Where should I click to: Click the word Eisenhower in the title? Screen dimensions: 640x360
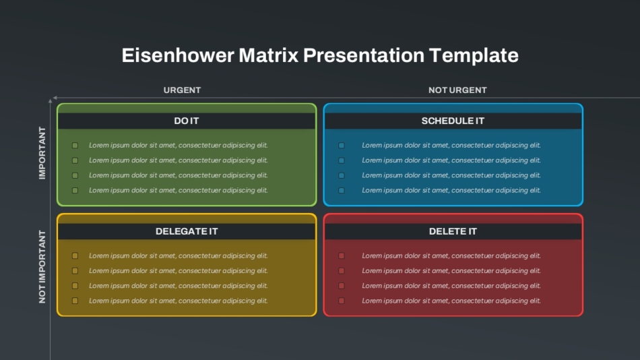click(x=178, y=55)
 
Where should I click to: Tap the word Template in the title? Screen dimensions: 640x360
click(x=474, y=56)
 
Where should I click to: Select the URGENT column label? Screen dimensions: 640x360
click(x=182, y=90)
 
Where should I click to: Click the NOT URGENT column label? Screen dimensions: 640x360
click(x=457, y=90)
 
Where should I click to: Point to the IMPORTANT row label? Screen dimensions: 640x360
click(x=42, y=153)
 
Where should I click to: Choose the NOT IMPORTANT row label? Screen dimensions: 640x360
click(x=42, y=266)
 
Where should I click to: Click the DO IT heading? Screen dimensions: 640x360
click(x=186, y=121)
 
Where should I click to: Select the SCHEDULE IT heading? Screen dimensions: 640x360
click(x=453, y=121)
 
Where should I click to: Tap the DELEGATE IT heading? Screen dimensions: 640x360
click(x=187, y=231)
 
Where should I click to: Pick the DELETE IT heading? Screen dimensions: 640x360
click(x=453, y=231)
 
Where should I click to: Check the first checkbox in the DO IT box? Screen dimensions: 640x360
click(x=75, y=146)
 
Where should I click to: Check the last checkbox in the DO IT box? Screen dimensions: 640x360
click(x=75, y=190)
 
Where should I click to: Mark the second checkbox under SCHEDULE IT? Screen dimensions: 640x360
click(x=342, y=160)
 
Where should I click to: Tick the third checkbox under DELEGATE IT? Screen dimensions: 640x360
click(x=75, y=286)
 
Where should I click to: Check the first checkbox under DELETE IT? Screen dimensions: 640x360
click(x=342, y=256)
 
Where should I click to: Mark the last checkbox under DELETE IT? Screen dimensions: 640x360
click(x=342, y=301)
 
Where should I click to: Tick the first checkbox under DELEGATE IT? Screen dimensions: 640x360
click(x=75, y=256)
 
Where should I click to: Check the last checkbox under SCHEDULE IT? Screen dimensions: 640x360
click(x=342, y=190)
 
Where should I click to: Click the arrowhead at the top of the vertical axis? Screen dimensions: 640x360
click(x=51, y=100)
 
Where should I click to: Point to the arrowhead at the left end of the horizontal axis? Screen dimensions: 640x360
click(x=55, y=98)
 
